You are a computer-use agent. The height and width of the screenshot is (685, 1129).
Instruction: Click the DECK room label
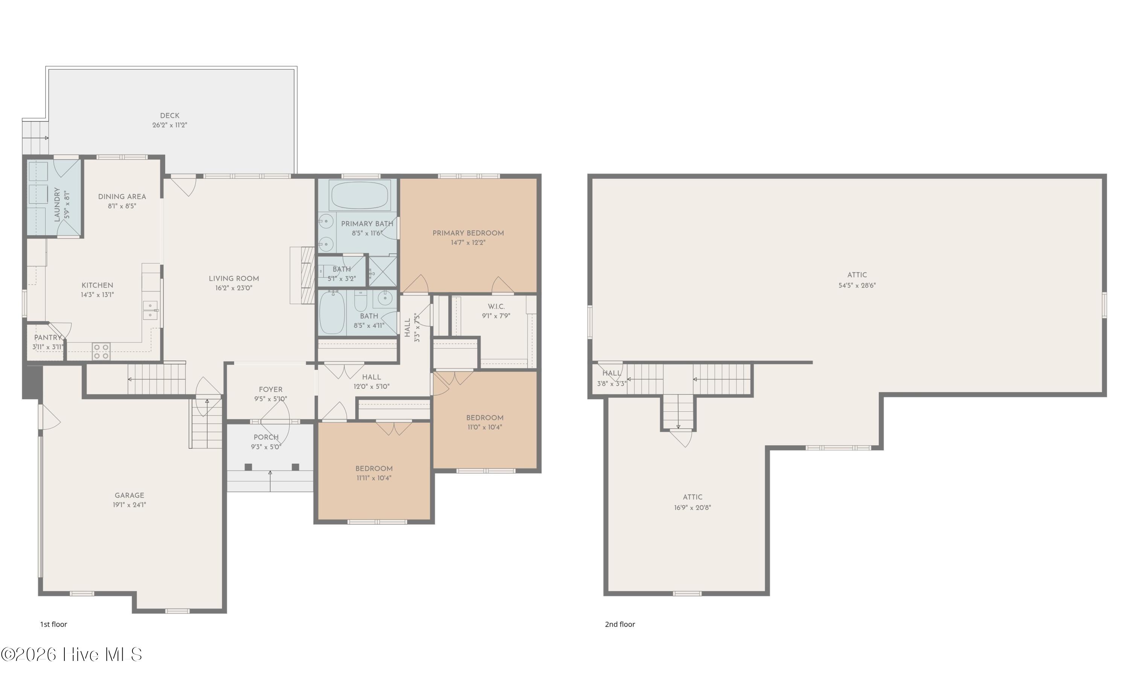[x=169, y=116]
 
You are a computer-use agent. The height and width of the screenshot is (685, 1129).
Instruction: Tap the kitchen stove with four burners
[x=101, y=352]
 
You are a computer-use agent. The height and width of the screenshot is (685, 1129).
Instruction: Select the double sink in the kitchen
[x=150, y=310]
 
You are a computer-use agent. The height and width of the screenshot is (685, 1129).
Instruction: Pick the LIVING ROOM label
[x=234, y=279]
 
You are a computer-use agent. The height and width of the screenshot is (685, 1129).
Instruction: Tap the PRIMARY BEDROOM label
[x=468, y=233]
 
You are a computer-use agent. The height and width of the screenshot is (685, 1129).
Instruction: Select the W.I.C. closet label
[x=496, y=306]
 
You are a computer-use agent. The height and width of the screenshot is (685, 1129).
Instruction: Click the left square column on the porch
[x=248, y=467]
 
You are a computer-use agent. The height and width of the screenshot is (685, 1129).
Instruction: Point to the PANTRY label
[x=48, y=338]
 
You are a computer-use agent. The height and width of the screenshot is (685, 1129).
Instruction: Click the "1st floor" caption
[x=53, y=624]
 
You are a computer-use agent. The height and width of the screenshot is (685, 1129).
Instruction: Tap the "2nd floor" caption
[x=620, y=624]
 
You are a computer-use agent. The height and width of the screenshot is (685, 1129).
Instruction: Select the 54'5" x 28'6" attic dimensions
[x=857, y=285]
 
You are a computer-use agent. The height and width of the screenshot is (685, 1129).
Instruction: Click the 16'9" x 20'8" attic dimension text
[x=692, y=508]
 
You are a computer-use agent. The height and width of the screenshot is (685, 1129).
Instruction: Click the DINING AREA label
[x=122, y=196]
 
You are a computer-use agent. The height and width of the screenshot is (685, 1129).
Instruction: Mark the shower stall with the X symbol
[x=383, y=272]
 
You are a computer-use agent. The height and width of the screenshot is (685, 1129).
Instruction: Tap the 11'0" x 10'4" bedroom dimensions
[x=485, y=428]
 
